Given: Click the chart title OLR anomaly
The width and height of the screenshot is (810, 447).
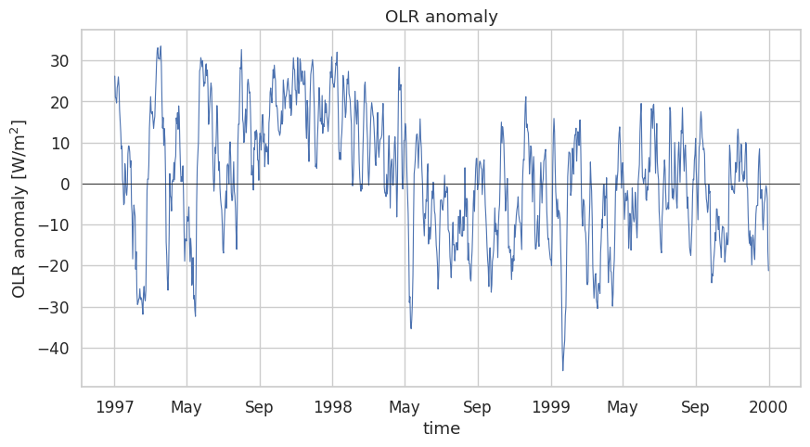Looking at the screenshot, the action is click(441, 17).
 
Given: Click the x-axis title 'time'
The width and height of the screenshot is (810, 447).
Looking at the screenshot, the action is click(441, 428).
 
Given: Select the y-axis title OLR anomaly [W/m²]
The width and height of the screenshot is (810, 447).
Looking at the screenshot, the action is click(19, 209).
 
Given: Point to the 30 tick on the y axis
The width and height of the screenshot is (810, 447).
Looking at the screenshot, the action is click(59, 61).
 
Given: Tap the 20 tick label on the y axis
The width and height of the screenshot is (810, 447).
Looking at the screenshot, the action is click(59, 102).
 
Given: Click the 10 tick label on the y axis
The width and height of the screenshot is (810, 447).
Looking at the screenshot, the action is click(59, 143).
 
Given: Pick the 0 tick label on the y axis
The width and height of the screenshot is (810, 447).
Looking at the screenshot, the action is click(65, 185).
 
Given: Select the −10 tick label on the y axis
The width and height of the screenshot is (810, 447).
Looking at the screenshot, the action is click(54, 225).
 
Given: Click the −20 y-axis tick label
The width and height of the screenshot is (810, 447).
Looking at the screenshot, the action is click(54, 266).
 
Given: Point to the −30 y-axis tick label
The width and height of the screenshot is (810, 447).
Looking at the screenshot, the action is click(54, 308).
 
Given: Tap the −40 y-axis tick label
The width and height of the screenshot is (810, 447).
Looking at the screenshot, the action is click(54, 349).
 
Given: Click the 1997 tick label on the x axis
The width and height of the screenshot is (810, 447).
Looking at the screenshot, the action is click(115, 407).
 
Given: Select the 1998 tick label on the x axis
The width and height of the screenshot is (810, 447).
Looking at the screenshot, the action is click(333, 407).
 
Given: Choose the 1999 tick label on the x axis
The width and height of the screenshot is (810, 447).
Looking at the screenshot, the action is click(551, 407).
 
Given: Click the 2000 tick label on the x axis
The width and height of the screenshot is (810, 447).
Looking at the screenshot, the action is click(768, 407).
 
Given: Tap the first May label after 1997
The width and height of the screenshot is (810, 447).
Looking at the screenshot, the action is click(186, 408).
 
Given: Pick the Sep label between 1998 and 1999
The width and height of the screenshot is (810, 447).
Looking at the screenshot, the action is click(477, 408).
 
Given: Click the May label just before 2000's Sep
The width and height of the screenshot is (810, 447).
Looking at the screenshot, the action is click(622, 408).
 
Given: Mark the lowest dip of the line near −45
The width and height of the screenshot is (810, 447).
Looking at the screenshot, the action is click(562, 370).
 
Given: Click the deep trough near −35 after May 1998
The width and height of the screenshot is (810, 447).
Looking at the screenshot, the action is click(411, 328).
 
